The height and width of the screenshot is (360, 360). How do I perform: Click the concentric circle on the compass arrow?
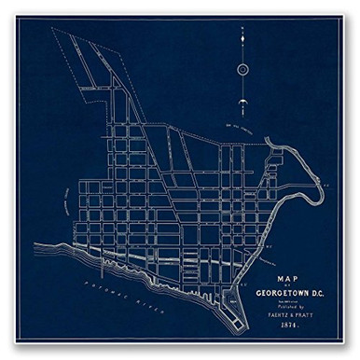(x=242, y=69)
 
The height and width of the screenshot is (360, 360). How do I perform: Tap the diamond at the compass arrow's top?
(x=242, y=31)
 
